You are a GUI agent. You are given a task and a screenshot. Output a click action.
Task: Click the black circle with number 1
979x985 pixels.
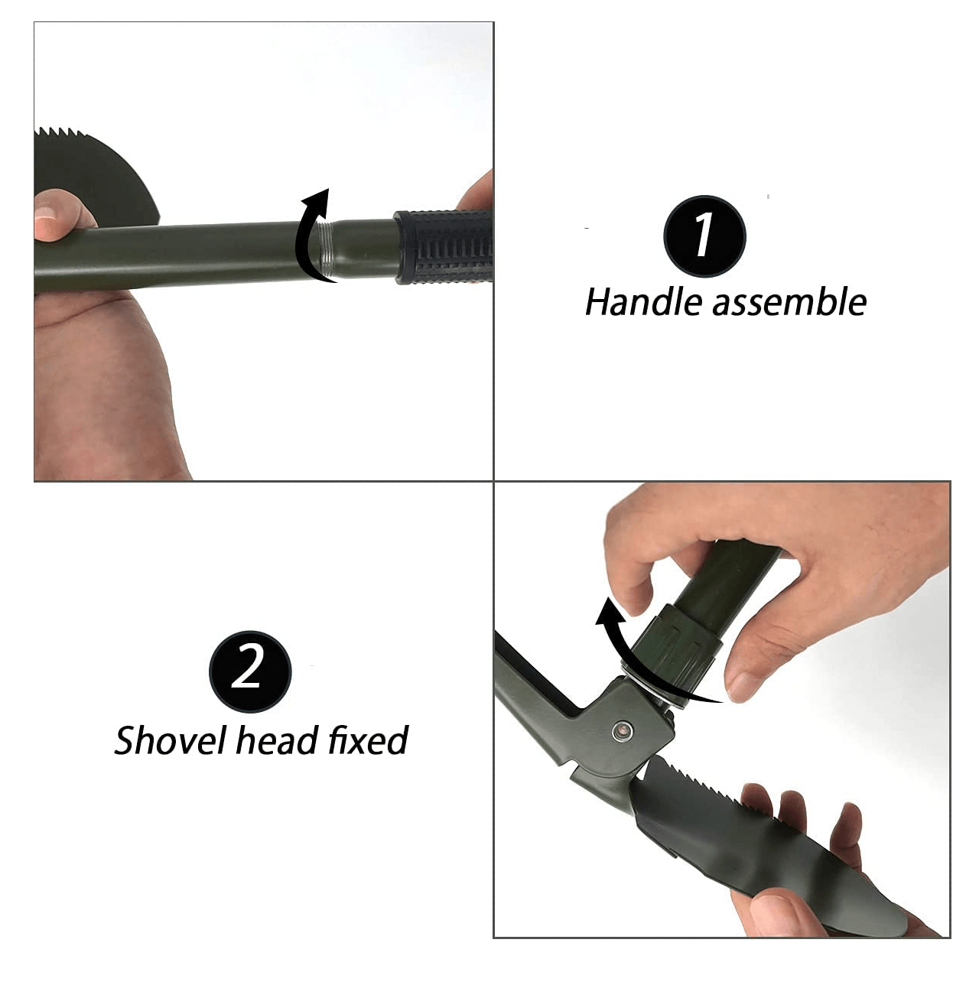pyautogui.click(x=704, y=236)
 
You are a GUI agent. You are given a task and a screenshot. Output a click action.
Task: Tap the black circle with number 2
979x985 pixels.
pyautogui.click(x=249, y=671)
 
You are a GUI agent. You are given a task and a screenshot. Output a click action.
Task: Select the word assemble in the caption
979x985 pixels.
pyautogui.click(x=789, y=302)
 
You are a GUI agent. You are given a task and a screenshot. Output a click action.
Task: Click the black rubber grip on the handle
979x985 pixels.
pyautogui.click(x=444, y=246)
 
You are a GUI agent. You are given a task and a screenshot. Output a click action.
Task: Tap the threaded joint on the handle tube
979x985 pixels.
pyautogui.click(x=327, y=249)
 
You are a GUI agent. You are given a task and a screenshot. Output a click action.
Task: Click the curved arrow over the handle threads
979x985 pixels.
pyautogui.click(x=310, y=229)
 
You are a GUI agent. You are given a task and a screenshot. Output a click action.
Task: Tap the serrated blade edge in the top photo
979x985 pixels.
pyautogui.click(x=69, y=135)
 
